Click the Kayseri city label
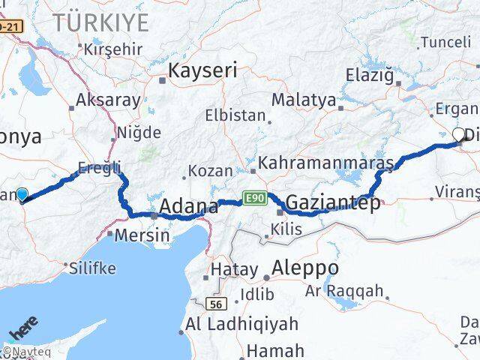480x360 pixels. tap(203, 71)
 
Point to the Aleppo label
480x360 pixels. tap(306, 268)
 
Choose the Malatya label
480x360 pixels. tap(304, 99)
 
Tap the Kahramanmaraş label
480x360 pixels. tap(326, 163)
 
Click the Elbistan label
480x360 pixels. tap(237, 116)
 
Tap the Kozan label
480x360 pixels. tap(211, 171)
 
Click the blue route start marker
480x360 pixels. tap(22, 194)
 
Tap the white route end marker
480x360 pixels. tap(459, 134)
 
